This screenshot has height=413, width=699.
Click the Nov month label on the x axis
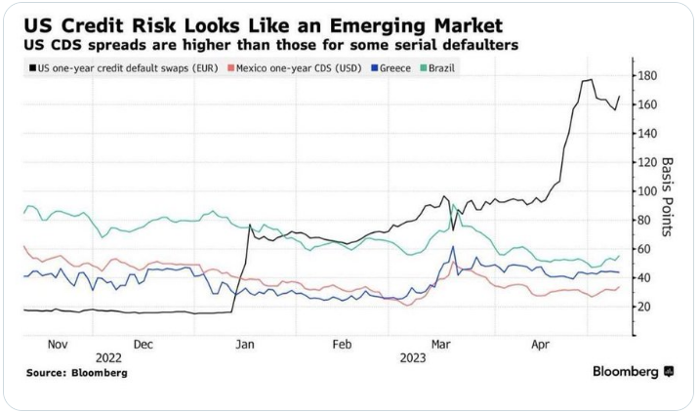coord(57,345)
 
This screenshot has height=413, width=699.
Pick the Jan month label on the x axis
coord(246,345)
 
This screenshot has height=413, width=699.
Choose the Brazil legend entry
coord(441,67)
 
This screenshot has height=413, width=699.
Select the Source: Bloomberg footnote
coord(76,373)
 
